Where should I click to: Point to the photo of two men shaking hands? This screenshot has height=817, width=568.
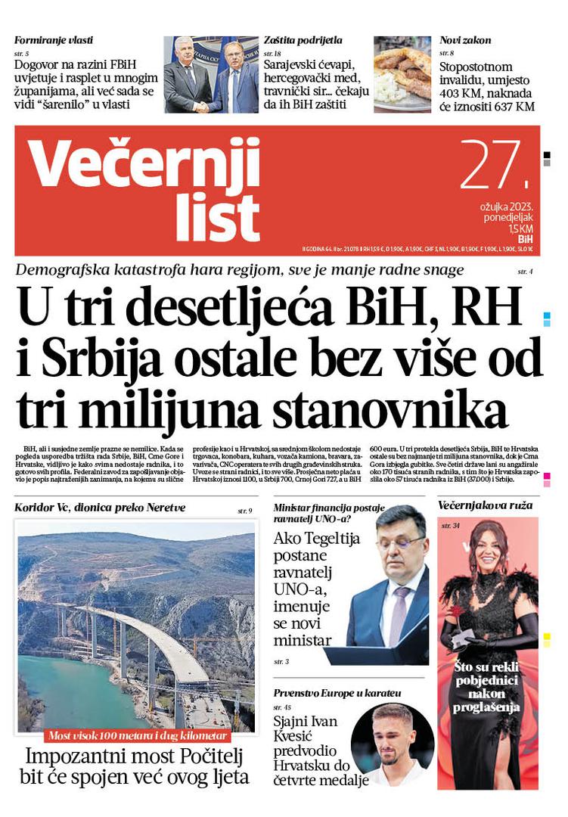(210, 74)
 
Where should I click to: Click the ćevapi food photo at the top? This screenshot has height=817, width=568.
(402, 74)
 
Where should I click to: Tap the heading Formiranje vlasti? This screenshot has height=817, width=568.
(54, 40)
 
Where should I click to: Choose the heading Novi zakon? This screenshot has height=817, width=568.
(465, 40)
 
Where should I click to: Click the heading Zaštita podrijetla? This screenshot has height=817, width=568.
(303, 40)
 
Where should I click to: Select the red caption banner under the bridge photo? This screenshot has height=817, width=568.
(137, 735)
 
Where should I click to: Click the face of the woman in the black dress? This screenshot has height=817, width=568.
(488, 551)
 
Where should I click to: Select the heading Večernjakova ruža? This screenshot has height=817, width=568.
(485, 505)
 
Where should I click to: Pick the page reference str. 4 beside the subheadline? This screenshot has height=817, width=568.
(525, 271)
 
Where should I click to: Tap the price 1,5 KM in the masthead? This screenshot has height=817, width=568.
(520, 228)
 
